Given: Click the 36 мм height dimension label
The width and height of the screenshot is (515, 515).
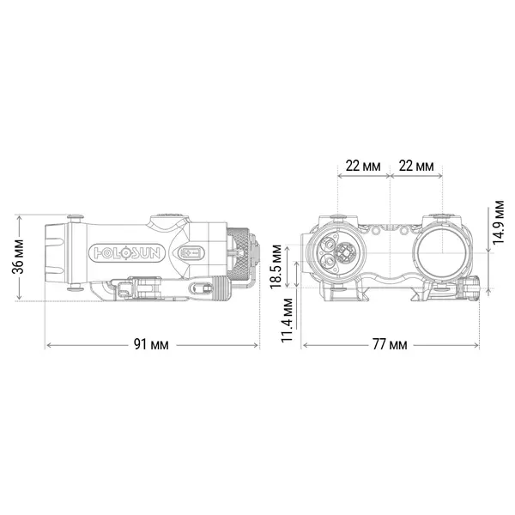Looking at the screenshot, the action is pos(18,257).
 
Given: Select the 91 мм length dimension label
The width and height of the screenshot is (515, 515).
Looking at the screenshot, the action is pos(151,344).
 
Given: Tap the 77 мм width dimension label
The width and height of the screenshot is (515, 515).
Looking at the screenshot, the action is pos(390,344).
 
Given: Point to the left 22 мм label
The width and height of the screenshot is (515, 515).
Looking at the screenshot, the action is pos(363,166).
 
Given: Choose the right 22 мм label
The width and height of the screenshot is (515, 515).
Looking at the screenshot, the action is pos(416,166).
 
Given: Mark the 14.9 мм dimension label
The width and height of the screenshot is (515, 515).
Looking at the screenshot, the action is pos(498,221).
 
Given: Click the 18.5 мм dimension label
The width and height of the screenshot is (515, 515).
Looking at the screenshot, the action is pos(276,267).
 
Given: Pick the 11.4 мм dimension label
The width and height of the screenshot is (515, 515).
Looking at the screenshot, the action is pos(287,320).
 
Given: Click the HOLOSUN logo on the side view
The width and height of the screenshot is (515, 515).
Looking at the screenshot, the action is pos(127,253).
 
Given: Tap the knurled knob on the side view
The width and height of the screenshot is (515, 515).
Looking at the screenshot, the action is pos(239,255).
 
